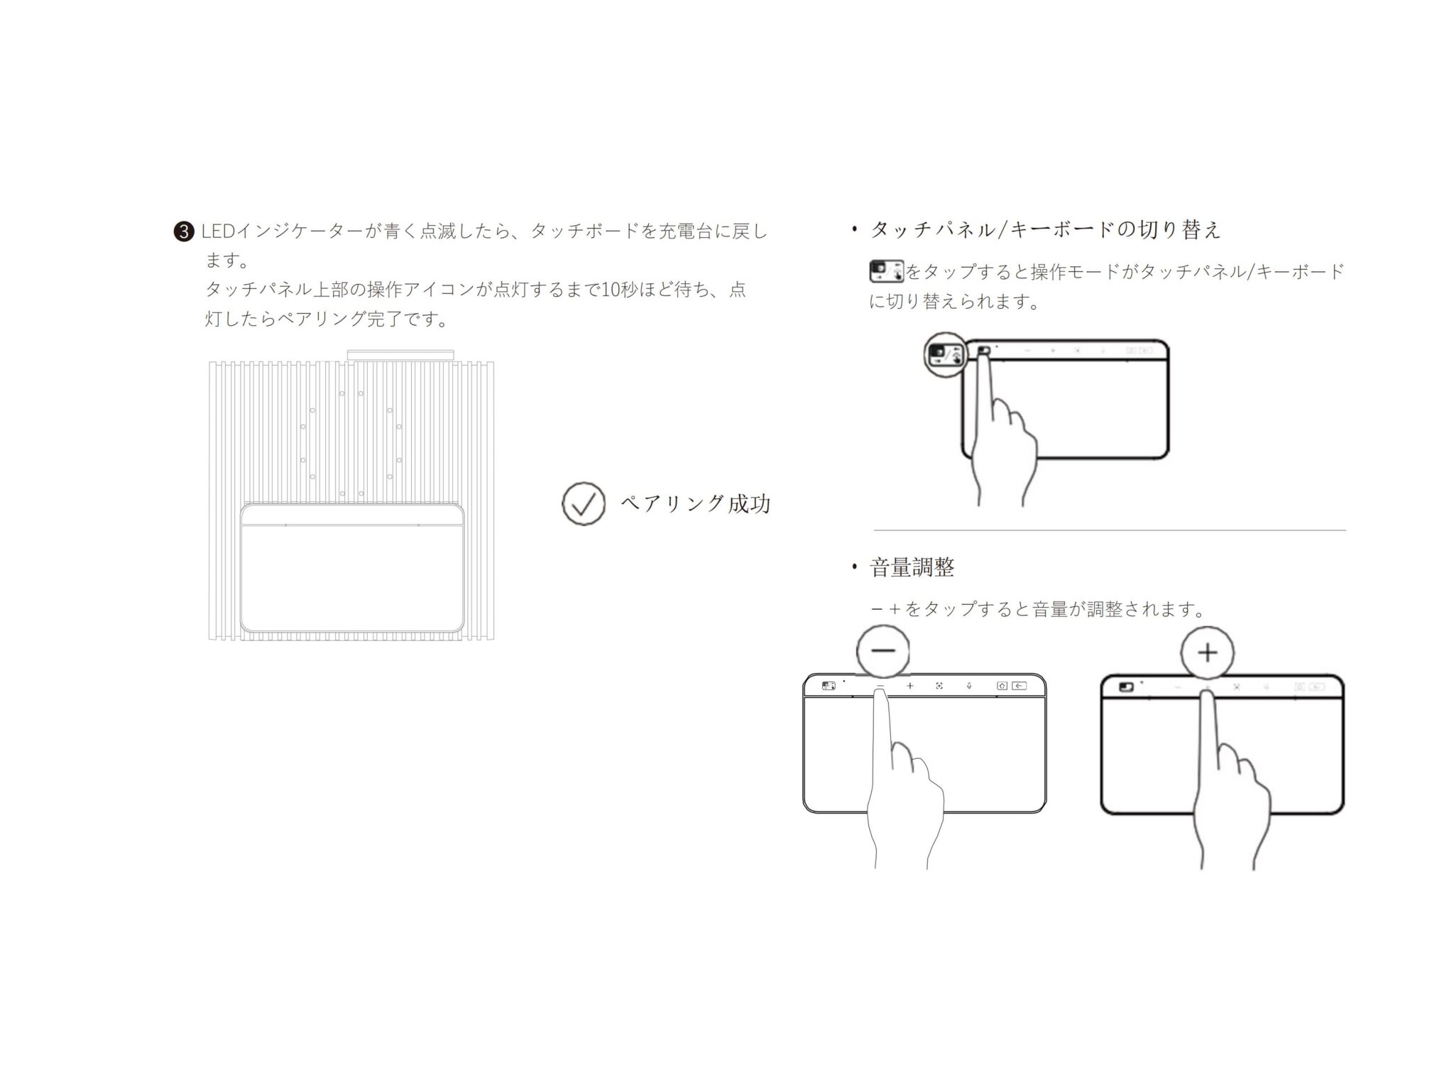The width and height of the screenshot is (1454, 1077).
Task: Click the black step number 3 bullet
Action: (x=183, y=231)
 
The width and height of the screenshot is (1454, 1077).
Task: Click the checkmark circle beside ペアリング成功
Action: (x=584, y=503)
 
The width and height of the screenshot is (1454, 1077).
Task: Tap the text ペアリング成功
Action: (x=696, y=504)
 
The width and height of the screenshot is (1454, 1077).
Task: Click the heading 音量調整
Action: (x=912, y=567)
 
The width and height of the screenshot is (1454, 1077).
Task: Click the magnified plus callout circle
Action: (x=1208, y=652)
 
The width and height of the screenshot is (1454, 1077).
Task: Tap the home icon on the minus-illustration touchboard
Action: (x=1002, y=686)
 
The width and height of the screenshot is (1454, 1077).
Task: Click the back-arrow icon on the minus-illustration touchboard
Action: (x=1019, y=686)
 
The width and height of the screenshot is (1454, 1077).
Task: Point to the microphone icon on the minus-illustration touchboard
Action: (x=968, y=686)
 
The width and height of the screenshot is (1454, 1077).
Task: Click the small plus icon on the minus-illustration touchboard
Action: (x=909, y=686)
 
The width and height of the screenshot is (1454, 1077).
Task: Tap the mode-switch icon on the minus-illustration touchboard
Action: (x=829, y=686)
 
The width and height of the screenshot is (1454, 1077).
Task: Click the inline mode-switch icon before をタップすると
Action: (x=887, y=272)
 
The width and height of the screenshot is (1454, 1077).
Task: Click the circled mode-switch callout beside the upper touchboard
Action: (x=946, y=354)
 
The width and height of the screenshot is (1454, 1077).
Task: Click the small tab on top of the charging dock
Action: (x=400, y=354)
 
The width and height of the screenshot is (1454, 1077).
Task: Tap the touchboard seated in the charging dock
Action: (x=353, y=568)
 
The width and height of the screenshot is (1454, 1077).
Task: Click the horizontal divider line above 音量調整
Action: (x=1110, y=530)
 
